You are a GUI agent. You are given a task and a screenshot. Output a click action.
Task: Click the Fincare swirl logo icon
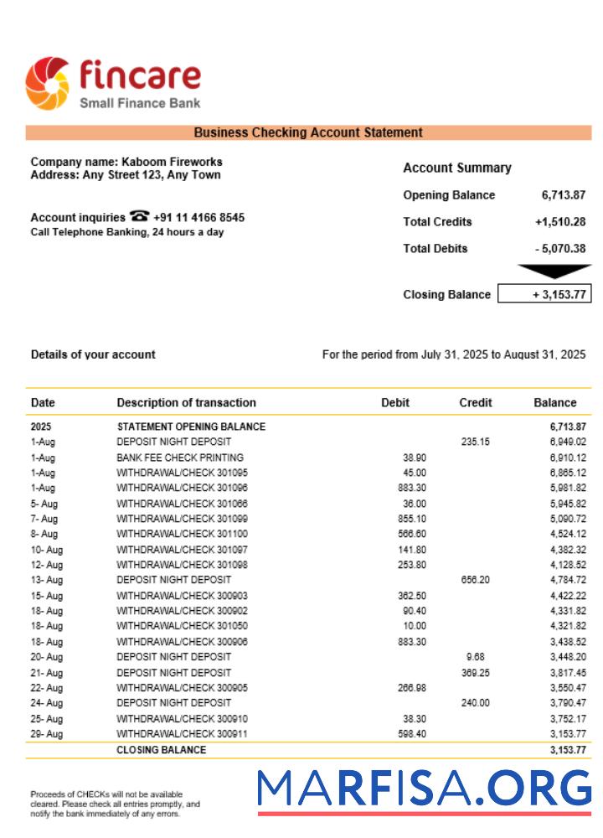48,84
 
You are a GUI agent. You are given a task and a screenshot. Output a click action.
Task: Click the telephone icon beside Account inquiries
139,217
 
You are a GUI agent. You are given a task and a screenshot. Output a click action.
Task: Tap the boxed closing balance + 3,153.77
544,294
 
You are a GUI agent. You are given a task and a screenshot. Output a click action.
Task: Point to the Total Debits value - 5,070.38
559,249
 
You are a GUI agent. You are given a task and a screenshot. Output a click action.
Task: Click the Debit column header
395,402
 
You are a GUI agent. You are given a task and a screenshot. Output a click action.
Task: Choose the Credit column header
475,402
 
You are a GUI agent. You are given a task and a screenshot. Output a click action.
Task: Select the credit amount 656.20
475,579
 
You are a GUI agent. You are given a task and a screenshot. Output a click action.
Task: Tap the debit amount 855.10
410,519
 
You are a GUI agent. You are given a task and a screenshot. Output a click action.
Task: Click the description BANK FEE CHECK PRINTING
180,458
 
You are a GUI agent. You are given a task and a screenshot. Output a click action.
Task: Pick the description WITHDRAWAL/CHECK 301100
182,534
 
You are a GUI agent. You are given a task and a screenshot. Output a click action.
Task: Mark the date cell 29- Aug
46,734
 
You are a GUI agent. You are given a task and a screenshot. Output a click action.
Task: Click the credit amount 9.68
475,657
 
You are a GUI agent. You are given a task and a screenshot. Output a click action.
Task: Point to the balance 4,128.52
568,564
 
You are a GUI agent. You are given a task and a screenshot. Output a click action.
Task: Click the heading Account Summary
456,168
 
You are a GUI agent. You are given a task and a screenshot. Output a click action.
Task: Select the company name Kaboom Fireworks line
126,162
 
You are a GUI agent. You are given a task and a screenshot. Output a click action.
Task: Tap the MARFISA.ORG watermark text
424,789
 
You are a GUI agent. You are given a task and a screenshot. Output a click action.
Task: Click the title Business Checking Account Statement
308,132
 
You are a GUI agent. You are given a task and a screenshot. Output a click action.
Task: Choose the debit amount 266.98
410,688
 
